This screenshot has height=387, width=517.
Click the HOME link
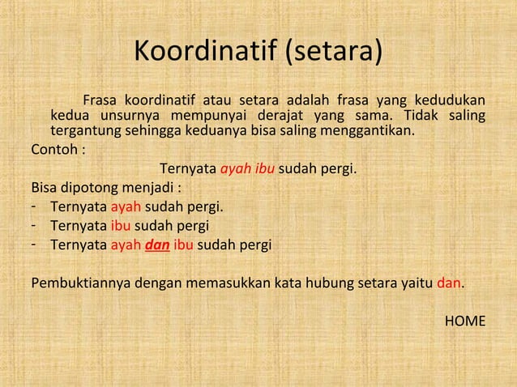pyautogui.click(x=466, y=321)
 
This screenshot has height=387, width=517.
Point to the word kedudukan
pyautogui.click(x=451, y=100)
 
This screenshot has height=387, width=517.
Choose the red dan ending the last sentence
pyautogui.click(x=449, y=283)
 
